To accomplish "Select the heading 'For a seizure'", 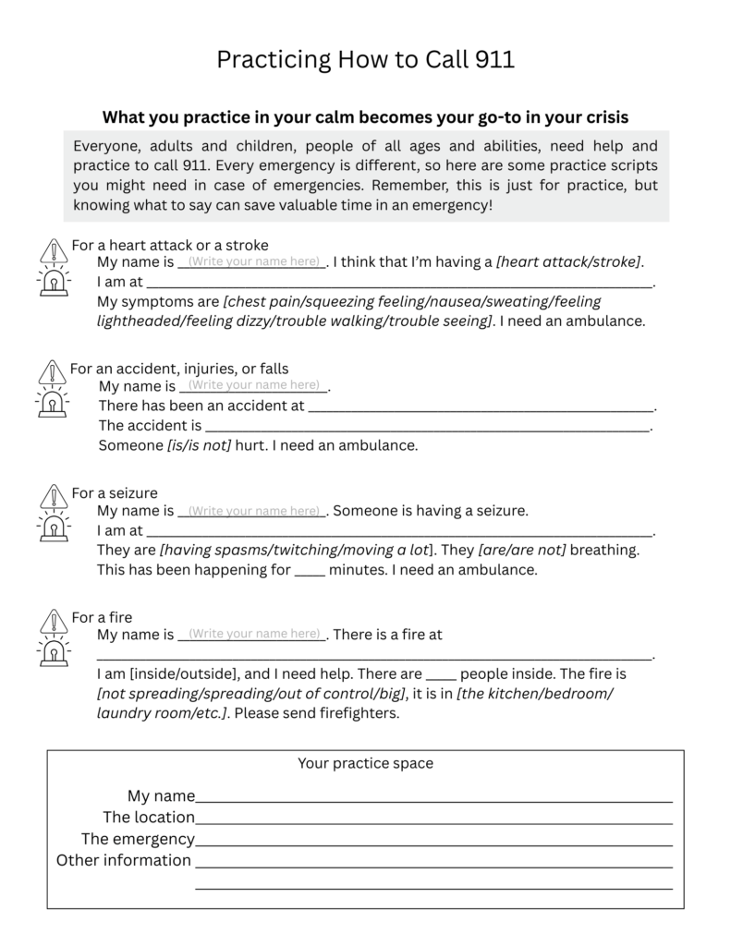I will pyautogui.click(x=115, y=493).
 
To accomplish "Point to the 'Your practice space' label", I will pyautogui.click(x=365, y=763).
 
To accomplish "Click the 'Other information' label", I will pyautogui.click(x=124, y=860).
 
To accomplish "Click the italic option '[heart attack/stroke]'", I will pyautogui.click(x=568, y=261).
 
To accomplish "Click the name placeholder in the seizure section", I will pyautogui.click(x=253, y=511).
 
